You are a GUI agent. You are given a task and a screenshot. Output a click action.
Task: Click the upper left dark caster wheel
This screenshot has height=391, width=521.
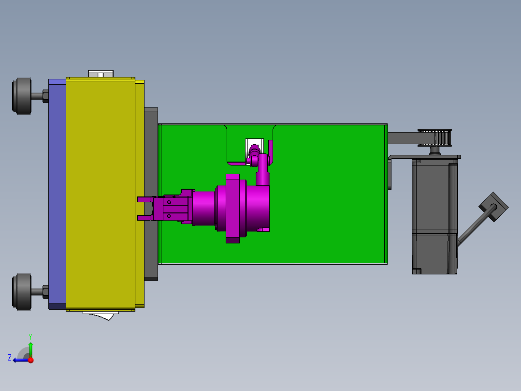[22, 96]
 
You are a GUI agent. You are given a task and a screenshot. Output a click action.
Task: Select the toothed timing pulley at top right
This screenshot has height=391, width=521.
[435, 137]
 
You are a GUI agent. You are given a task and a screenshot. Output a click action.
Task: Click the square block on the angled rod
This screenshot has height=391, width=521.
[493, 207]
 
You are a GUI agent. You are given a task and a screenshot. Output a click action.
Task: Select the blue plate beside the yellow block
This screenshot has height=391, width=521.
[57, 194]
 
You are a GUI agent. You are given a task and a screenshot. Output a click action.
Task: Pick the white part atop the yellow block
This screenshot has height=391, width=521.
[101, 74]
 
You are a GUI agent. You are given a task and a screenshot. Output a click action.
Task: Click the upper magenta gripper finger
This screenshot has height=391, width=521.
[145, 199]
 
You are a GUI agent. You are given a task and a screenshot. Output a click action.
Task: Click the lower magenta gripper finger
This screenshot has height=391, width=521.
[145, 218]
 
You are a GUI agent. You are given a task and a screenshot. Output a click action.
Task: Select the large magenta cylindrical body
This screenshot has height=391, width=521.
[242, 208]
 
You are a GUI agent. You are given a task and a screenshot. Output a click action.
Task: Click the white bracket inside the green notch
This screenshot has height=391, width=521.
[253, 145]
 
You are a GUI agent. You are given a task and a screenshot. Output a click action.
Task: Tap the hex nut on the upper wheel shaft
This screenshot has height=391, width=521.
[45, 96]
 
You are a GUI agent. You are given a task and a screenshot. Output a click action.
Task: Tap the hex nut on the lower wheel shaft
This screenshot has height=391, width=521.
[45, 291]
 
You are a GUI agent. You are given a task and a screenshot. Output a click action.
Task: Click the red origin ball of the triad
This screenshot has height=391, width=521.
[30, 360]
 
